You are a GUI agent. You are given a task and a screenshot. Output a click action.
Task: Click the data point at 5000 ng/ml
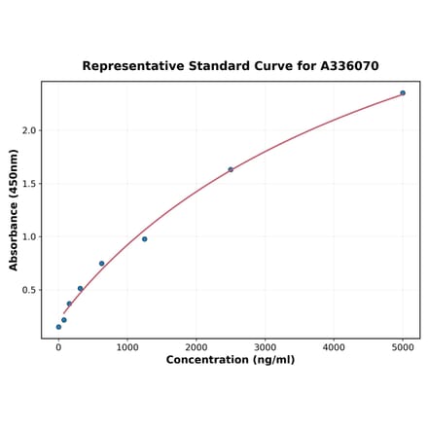pyautogui.click(x=403, y=93)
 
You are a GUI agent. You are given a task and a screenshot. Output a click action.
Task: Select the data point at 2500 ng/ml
pyautogui.click(x=231, y=169)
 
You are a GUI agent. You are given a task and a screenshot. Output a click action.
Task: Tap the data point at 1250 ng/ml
pyautogui.click(x=145, y=239)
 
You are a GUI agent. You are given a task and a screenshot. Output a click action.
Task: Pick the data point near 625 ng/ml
pyautogui.click(x=101, y=264)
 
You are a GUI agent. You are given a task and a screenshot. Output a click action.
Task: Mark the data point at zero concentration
pyautogui.click(x=58, y=327)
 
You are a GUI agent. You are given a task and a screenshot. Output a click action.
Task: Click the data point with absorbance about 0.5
pyautogui.click(x=80, y=288)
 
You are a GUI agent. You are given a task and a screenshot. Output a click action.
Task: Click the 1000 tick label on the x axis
pyautogui.click(x=127, y=346)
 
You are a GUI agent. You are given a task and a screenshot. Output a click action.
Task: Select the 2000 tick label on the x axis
pyautogui.click(x=196, y=346)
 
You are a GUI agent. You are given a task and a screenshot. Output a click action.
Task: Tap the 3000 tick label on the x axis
pyautogui.click(x=266, y=346)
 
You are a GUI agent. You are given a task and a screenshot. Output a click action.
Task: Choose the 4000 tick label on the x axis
pyautogui.click(x=334, y=346)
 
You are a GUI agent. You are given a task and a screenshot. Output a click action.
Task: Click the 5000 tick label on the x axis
pyautogui.click(x=403, y=346)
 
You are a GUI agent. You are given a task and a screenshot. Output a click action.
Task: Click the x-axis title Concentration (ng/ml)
pyautogui.click(x=231, y=360)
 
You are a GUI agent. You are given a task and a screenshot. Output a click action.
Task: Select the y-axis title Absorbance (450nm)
pyautogui.click(x=14, y=209)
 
